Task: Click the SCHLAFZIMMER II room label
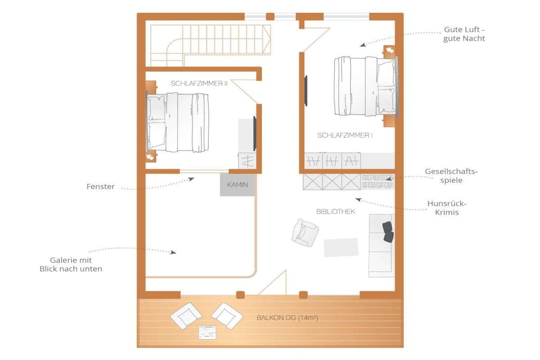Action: click(x=199, y=83)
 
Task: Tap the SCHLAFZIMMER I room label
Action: click(x=345, y=135)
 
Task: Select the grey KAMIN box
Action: click(x=238, y=185)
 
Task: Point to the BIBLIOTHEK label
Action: click(x=335, y=211)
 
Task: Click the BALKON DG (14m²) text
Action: click(x=287, y=318)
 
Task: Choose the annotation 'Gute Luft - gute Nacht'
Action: click(x=464, y=34)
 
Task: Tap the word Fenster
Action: click(x=101, y=187)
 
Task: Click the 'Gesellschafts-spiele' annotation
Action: click(x=451, y=176)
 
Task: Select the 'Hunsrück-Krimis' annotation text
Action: click(x=447, y=208)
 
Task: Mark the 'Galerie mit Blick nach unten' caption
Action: click(x=71, y=264)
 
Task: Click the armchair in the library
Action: click(x=305, y=233)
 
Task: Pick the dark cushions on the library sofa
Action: click(x=388, y=231)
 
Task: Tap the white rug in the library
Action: click(x=341, y=247)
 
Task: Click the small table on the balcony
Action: click(x=207, y=332)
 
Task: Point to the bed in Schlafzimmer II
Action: click(x=178, y=122)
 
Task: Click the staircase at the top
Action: click(x=210, y=43)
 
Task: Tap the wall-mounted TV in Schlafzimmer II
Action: click(x=255, y=133)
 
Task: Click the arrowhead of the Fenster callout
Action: click(x=191, y=179)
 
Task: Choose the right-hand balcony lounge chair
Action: click(x=227, y=316)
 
